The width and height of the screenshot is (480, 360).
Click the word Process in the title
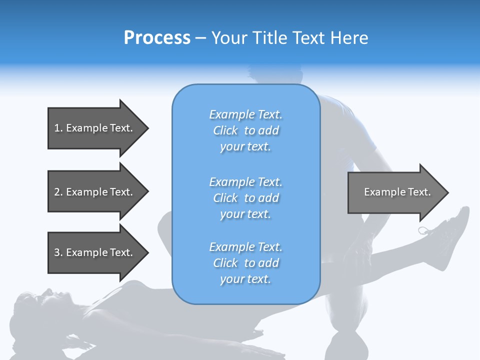click(157, 38)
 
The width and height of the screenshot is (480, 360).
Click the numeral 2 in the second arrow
click(57, 192)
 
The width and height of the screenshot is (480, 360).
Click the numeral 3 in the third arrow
click(57, 252)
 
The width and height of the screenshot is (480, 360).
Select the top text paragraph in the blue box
click(245, 130)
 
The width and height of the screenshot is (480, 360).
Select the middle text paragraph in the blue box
click(245, 198)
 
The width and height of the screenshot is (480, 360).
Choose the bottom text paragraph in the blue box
click(245, 263)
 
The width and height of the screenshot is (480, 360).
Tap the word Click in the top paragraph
click(225, 130)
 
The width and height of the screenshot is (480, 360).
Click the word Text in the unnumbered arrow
click(419, 192)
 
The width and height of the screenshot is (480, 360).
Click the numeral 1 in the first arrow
click(56, 128)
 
